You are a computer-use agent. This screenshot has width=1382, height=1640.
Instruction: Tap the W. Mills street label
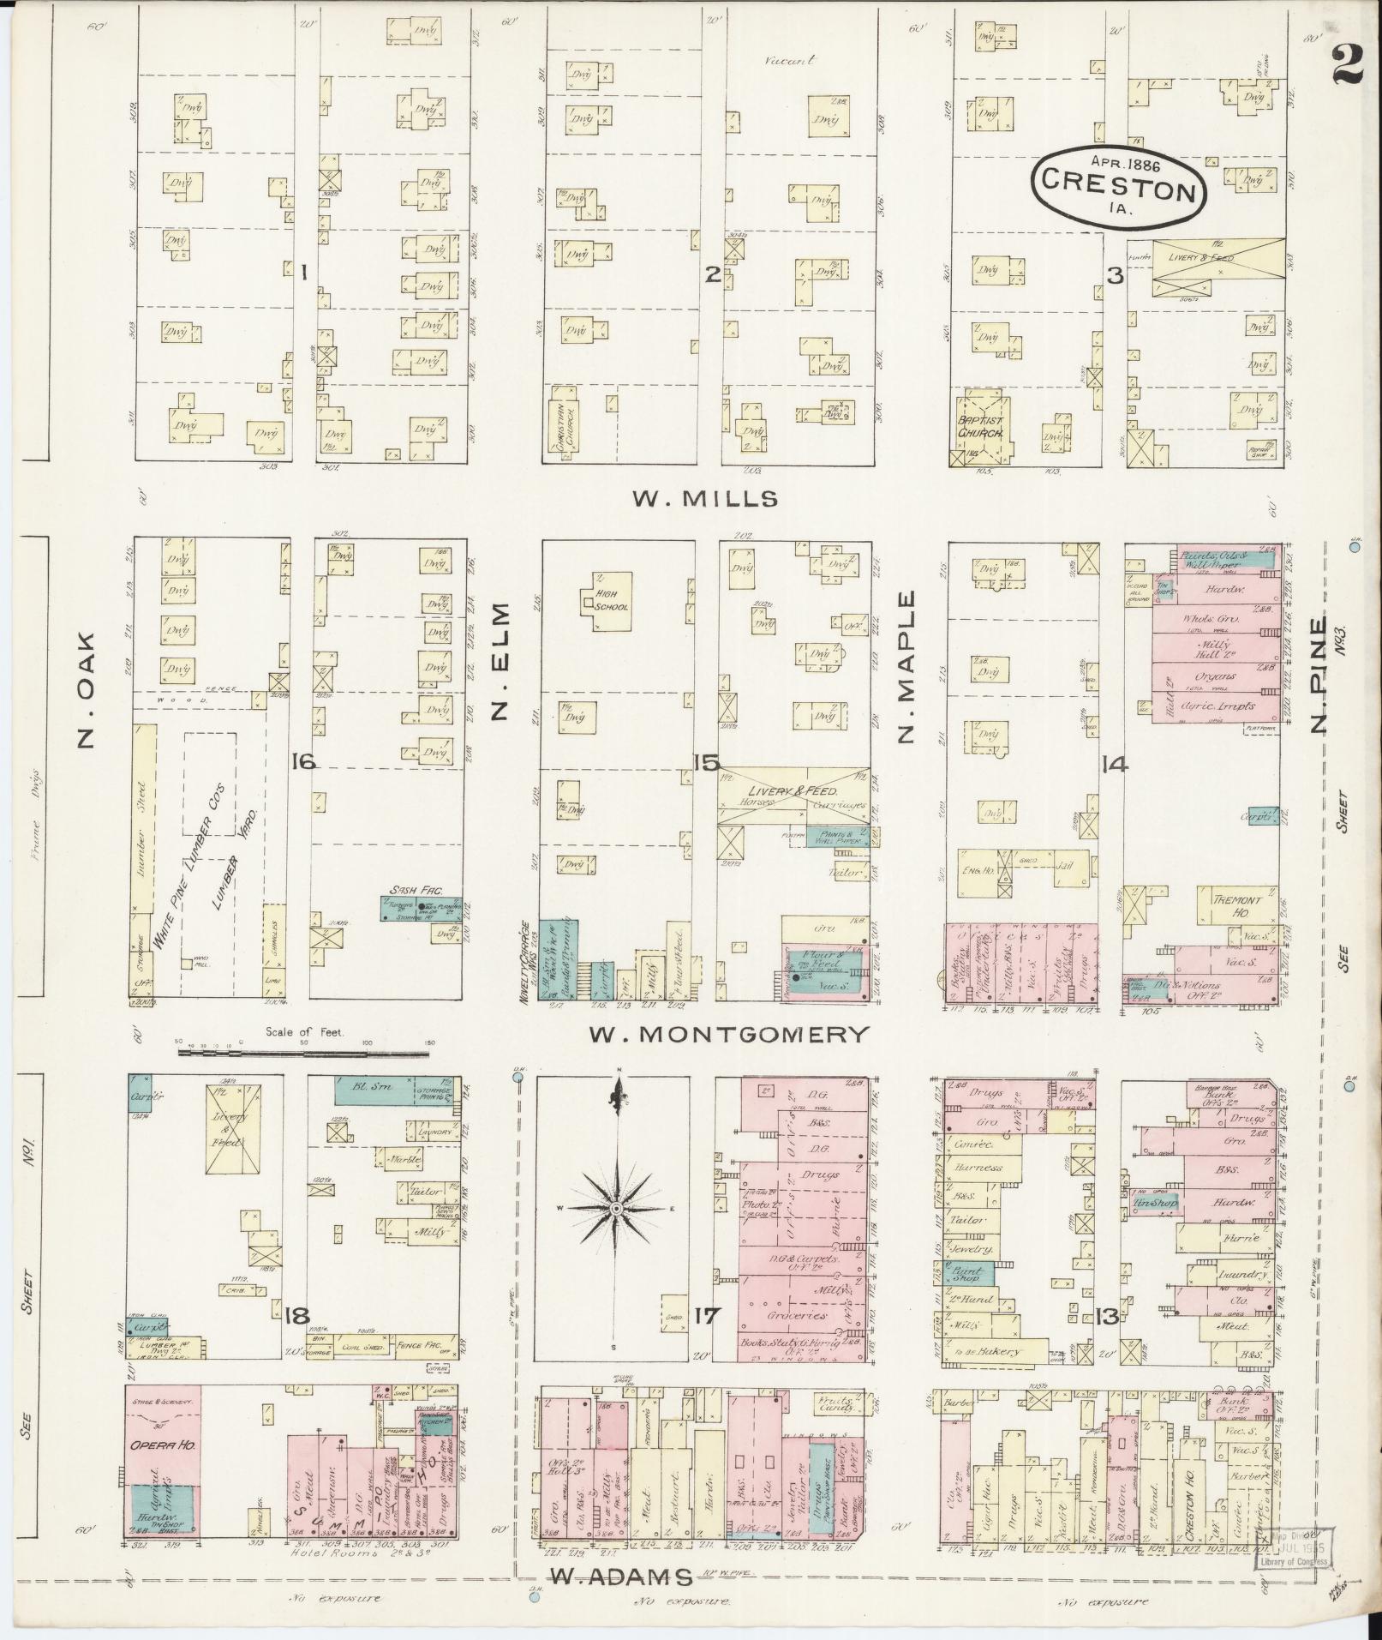click(706, 499)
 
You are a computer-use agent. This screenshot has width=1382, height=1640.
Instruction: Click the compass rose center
click(615, 1209)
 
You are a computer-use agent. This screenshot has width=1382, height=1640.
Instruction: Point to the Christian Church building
click(565, 424)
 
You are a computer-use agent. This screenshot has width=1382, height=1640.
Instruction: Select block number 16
click(302, 760)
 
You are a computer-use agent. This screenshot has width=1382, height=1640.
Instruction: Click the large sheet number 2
click(1347, 65)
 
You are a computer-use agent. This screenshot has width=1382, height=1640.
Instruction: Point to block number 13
click(1105, 1317)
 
